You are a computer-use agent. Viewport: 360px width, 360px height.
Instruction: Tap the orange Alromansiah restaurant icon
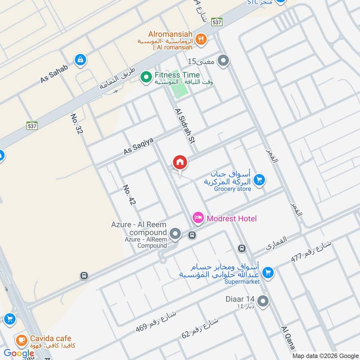201,39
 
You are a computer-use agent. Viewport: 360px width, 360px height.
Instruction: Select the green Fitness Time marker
146,78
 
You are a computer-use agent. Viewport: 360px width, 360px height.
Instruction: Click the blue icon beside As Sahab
81,60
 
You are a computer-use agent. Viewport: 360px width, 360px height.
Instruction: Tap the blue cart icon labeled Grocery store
259,180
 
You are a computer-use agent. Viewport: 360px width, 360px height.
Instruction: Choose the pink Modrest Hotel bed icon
198,218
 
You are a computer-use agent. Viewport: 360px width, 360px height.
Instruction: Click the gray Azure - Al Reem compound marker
175,234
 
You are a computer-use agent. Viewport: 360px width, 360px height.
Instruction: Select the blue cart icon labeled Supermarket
268,272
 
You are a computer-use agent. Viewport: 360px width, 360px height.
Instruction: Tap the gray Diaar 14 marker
263,301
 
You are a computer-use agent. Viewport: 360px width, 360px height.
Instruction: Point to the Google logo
19,353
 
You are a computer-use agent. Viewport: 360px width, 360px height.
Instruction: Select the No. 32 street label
77,124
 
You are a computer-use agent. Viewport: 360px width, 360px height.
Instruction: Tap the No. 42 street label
129,195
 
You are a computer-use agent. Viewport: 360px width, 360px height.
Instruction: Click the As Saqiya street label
139,147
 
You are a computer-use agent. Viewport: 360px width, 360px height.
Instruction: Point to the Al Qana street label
288,338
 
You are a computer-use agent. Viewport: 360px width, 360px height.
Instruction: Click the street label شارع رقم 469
156,322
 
